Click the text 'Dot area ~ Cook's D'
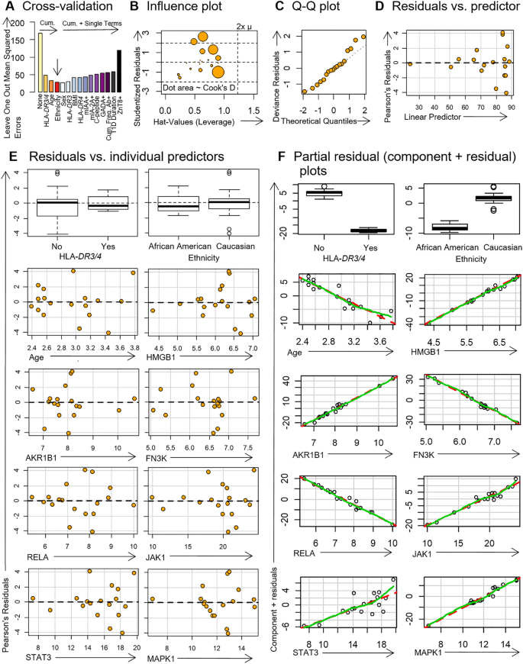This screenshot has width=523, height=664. tap(199, 89)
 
